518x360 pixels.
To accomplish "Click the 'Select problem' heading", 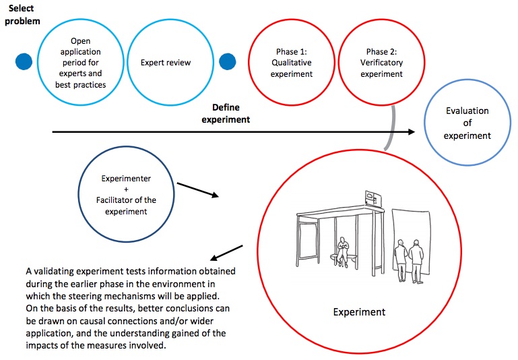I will click(24, 14).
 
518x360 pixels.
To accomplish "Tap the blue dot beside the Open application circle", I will click(24, 61).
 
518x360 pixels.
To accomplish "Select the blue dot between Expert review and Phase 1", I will click(228, 61).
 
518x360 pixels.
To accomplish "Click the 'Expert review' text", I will click(166, 63).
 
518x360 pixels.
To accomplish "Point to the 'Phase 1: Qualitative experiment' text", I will click(292, 63).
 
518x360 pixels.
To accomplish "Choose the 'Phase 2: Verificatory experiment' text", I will click(381, 63).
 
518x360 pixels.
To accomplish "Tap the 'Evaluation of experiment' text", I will click(467, 123).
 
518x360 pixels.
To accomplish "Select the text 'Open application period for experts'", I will click(80, 63).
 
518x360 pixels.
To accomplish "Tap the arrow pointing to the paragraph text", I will click(226, 253).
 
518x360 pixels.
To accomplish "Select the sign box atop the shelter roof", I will click(371, 198).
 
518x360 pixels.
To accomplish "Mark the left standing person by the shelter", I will click(401, 260).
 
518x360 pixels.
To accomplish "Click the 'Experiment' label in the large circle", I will click(360, 312).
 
